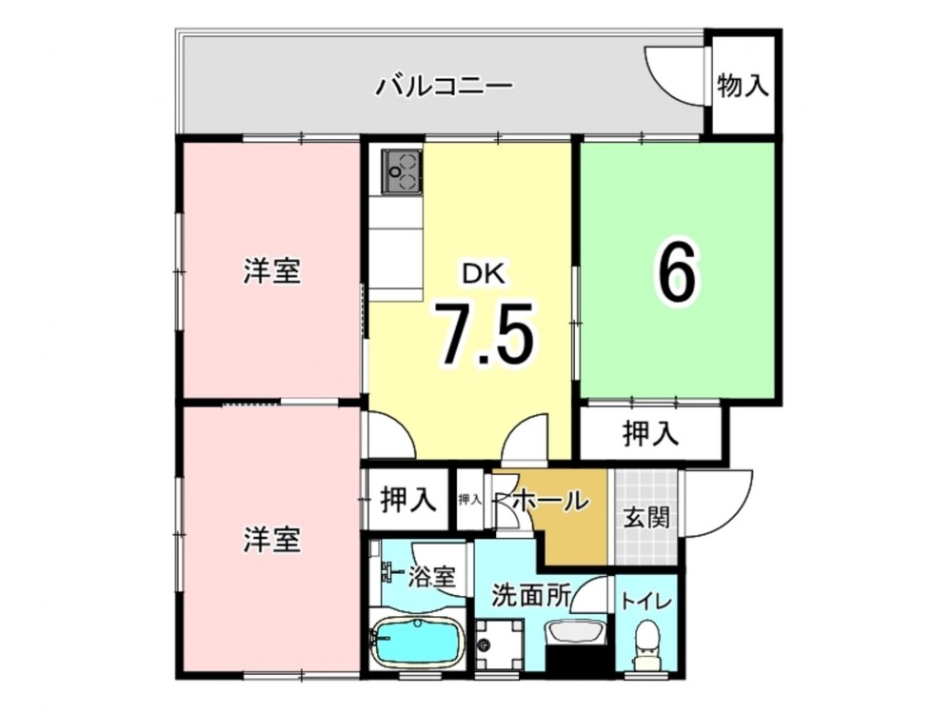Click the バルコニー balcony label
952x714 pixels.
pos(445,86)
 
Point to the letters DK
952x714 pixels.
pos(484,274)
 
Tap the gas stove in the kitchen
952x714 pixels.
pos(402,171)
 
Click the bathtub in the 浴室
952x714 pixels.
pos(417,642)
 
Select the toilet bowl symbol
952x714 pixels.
pos(645,645)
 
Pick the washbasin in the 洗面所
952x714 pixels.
pos(575,633)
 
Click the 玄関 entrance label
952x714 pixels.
pos(647,518)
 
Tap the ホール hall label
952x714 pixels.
pos(551,501)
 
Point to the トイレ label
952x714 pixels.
pos(646,602)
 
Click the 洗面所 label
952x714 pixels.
pos(531,596)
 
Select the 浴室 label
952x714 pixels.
pos(431,577)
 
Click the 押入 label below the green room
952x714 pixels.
pos(650,433)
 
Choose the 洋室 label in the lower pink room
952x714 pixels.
pos(272,540)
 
